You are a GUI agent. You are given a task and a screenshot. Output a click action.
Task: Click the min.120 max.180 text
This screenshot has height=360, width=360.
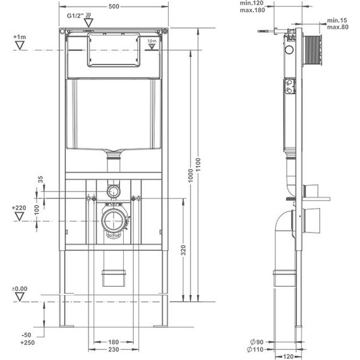pyautogui.click(x=251, y=7)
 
